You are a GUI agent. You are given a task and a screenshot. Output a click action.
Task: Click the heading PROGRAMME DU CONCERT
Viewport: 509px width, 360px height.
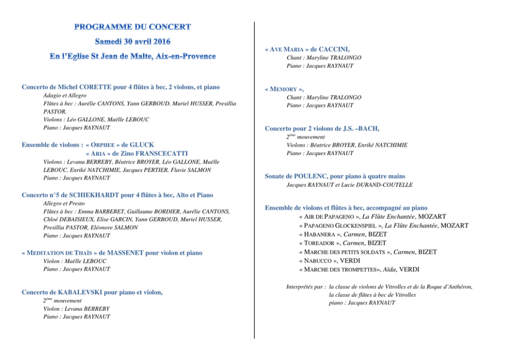click(132, 27)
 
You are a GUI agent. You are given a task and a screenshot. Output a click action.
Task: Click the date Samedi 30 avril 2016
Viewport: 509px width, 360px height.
click(133, 41)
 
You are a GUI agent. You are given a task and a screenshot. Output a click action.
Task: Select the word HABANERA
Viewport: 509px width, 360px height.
click(321, 234)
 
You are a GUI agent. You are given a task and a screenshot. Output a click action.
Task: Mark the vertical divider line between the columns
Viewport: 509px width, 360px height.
click(254, 180)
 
